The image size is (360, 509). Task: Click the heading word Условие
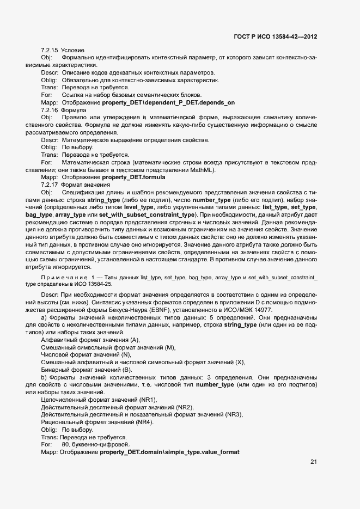72,51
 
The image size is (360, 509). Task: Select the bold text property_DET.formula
133,177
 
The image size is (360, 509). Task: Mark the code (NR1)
147,400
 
